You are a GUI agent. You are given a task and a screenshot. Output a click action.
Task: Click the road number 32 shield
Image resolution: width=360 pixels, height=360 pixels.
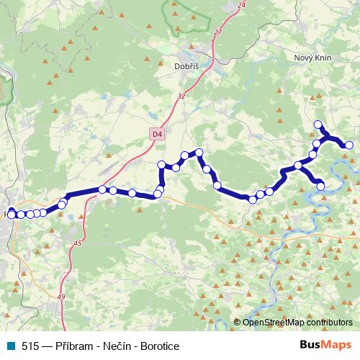pyautogui.click(x=181, y=96)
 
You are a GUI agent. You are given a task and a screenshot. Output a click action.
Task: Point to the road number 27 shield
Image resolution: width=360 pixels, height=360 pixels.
pyautogui.click(x=217, y=32)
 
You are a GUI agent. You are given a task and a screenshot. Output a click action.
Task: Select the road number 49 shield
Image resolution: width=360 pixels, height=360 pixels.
pyautogui.click(x=61, y=297)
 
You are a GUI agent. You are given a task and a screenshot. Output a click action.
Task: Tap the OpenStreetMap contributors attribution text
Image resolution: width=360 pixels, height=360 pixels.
pyautogui.click(x=297, y=323)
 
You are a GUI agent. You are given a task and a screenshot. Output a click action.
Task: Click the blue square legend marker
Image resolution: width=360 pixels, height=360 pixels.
pyautogui.click(x=9, y=346)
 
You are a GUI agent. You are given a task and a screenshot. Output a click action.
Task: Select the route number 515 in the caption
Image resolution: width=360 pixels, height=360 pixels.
pyautogui.click(x=31, y=346)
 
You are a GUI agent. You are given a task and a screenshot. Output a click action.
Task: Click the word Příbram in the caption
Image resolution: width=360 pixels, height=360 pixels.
pyautogui.click(x=76, y=346)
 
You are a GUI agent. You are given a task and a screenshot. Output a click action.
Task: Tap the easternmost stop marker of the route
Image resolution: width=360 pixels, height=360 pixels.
pyautogui.click(x=349, y=145)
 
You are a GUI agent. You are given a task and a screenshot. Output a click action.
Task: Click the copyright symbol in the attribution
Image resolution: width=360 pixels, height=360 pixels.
pyautogui.click(x=238, y=323)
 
